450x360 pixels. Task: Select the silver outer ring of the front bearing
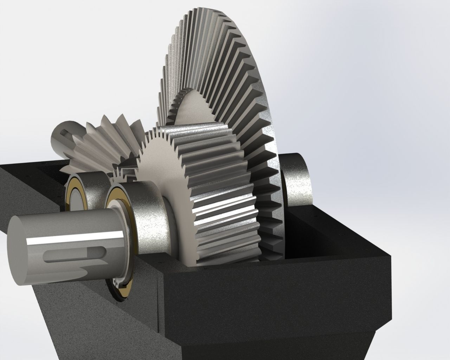pyautogui.click(x=148, y=218)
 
